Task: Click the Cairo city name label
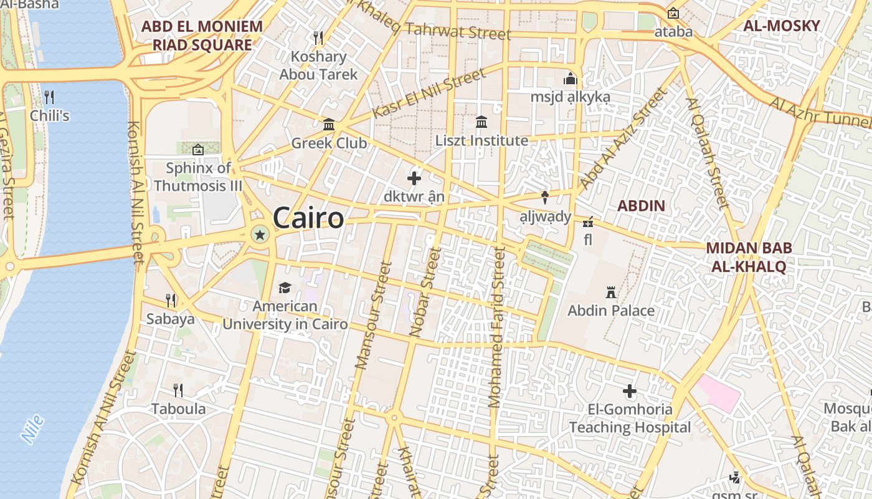point(308,218)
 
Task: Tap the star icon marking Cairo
point(260,235)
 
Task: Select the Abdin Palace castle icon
point(610,292)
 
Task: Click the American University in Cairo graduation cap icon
point(285,288)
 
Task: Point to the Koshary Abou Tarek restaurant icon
point(318,38)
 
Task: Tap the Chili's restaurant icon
point(49,97)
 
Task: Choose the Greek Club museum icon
point(329,125)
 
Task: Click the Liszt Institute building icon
point(481,122)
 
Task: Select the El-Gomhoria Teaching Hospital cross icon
point(630,391)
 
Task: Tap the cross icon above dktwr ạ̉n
point(414,179)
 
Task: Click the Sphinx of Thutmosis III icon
point(198,150)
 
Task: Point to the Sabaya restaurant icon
point(171,300)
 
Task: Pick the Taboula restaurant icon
point(178,390)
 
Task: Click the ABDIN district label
point(641,206)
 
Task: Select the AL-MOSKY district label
point(781,26)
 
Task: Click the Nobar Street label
point(425,292)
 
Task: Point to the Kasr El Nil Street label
point(429,94)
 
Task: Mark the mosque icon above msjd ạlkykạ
point(570,79)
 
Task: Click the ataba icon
point(673,13)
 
